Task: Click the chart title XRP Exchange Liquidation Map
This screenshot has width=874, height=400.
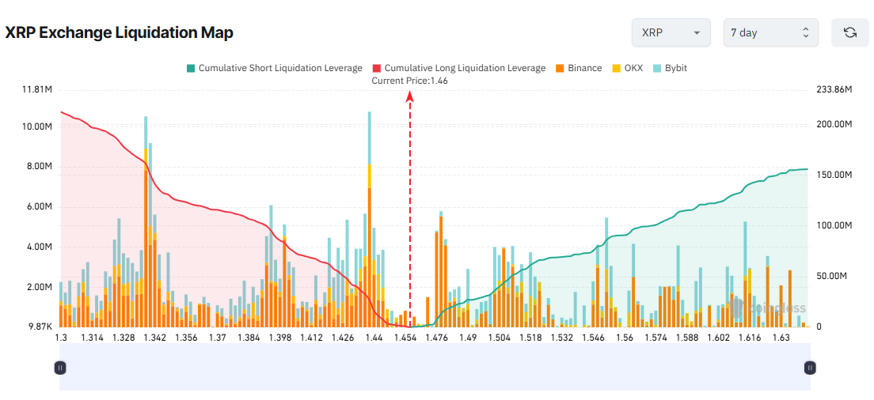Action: click(x=119, y=33)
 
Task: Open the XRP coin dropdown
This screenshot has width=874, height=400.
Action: click(x=671, y=33)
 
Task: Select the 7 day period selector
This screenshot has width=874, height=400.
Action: click(x=770, y=33)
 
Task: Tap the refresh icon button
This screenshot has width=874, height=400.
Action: click(x=850, y=33)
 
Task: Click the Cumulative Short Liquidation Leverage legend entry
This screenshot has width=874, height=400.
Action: click(x=273, y=68)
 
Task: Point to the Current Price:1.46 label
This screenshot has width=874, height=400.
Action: click(x=410, y=81)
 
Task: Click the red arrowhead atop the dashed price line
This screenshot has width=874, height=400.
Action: click(x=410, y=96)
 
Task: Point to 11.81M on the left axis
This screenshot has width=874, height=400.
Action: click(x=37, y=90)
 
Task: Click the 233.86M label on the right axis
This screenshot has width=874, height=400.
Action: click(x=834, y=90)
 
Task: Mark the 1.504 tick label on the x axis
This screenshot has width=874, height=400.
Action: click(x=499, y=338)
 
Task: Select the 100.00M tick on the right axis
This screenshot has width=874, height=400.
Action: click(x=834, y=225)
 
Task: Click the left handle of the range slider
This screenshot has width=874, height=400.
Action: click(x=59, y=368)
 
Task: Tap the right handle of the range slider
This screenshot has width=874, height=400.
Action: click(x=810, y=368)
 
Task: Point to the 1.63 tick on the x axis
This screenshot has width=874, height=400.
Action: click(x=781, y=338)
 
